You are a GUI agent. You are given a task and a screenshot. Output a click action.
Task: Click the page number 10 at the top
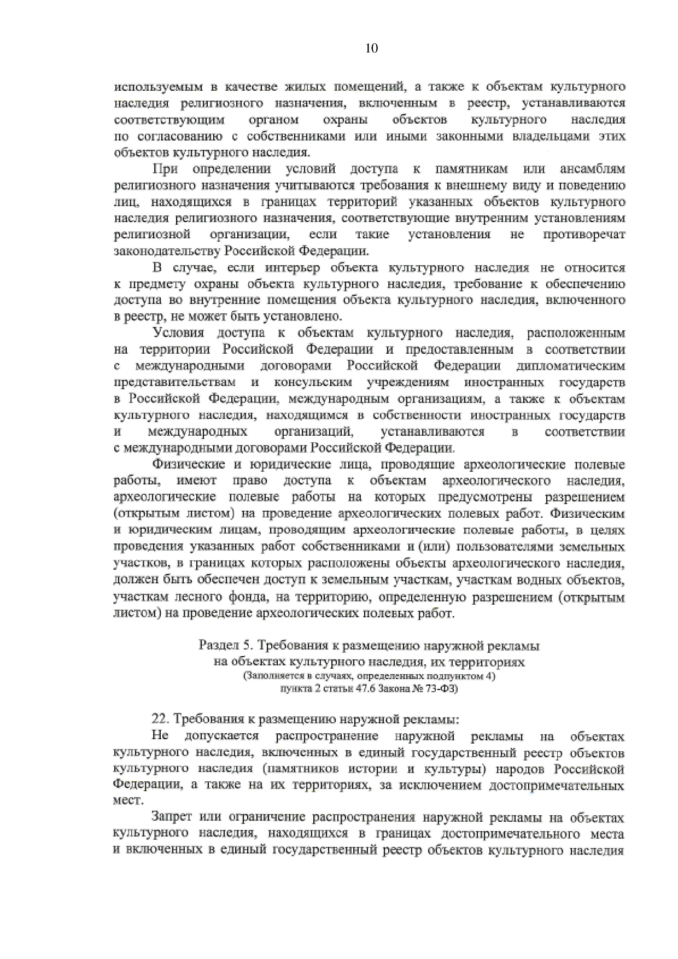(x=371, y=49)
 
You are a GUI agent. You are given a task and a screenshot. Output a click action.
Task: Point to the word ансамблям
(x=593, y=169)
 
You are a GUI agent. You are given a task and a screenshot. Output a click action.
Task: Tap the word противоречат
(x=584, y=235)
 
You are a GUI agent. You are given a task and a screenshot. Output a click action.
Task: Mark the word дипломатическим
(x=570, y=366)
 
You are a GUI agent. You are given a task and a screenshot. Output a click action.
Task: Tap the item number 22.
(x=160, y=720)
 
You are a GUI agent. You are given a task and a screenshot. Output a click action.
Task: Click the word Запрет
(x=172, y=818)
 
